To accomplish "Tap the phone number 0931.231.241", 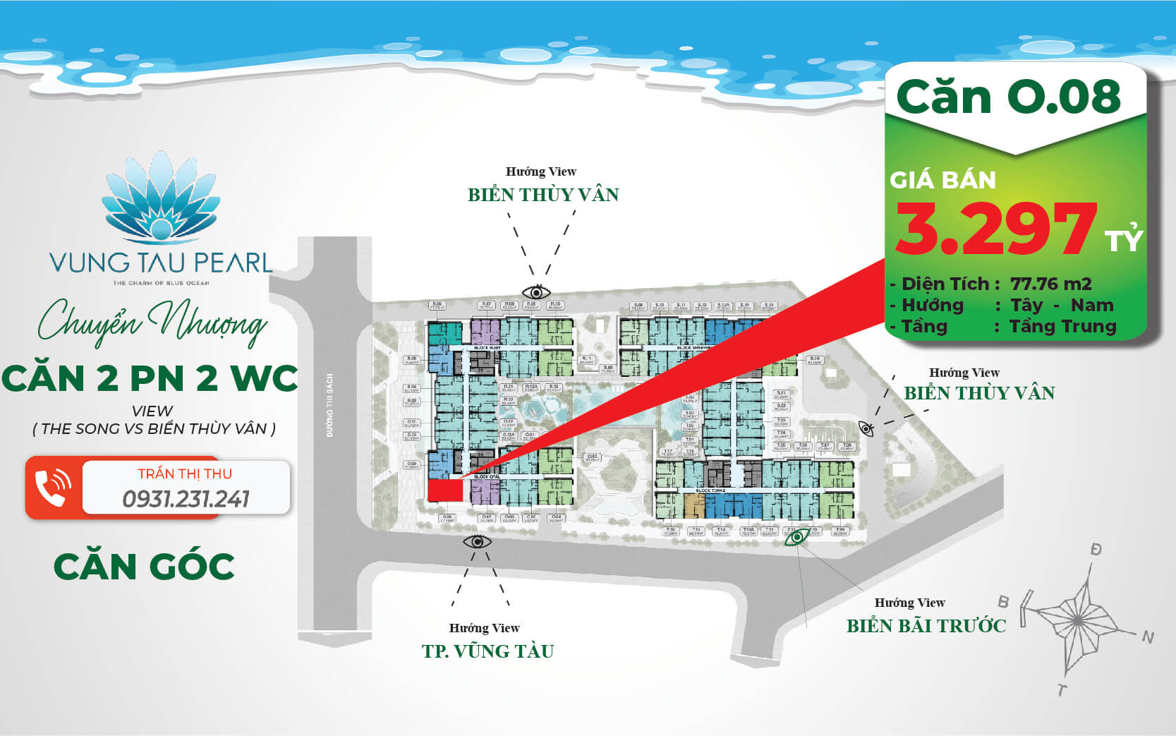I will pos(186,499).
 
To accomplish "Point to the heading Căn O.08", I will pos(1009,97).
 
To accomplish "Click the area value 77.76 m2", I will pos(1050,284).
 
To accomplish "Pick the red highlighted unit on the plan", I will pos(444,490).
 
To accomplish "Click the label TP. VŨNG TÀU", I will pos(487,651).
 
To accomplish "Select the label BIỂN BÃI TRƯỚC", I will pos(926,626).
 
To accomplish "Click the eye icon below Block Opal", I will pos(477,542).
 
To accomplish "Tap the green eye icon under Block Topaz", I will pos(797,538).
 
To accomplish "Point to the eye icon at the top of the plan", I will pos(536,291).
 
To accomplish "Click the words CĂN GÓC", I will pos(144,567).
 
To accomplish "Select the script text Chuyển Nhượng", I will pos(152,325).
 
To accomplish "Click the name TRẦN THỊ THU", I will pos(185,473).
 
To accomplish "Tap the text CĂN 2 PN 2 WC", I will pos(150,378).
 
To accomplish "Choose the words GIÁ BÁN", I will pos(942,181).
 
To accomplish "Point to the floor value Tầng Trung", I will pos(1062,327).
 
